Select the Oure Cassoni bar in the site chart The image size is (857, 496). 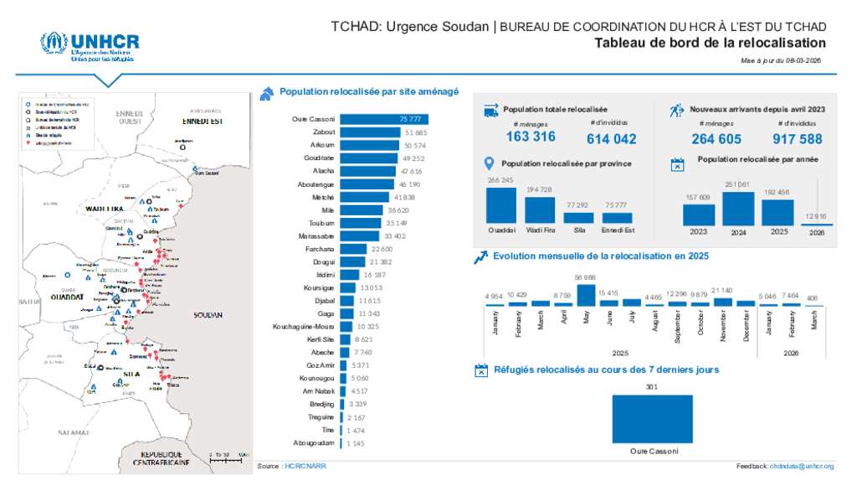384,120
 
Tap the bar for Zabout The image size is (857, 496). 370,132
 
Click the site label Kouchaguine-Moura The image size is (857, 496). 304,326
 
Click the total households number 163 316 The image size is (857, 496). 531,137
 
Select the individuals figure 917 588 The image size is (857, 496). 798,139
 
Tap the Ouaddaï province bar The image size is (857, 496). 501,204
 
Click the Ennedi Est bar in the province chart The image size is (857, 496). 617,218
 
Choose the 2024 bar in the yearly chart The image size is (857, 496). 738,209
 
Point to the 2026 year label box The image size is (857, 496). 817,232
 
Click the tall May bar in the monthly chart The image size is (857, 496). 586,295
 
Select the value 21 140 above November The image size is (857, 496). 721,291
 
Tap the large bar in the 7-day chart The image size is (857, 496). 652,418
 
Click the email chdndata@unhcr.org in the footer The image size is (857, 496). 802,466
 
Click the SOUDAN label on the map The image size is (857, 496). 207,315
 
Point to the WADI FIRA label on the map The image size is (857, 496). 105,207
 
